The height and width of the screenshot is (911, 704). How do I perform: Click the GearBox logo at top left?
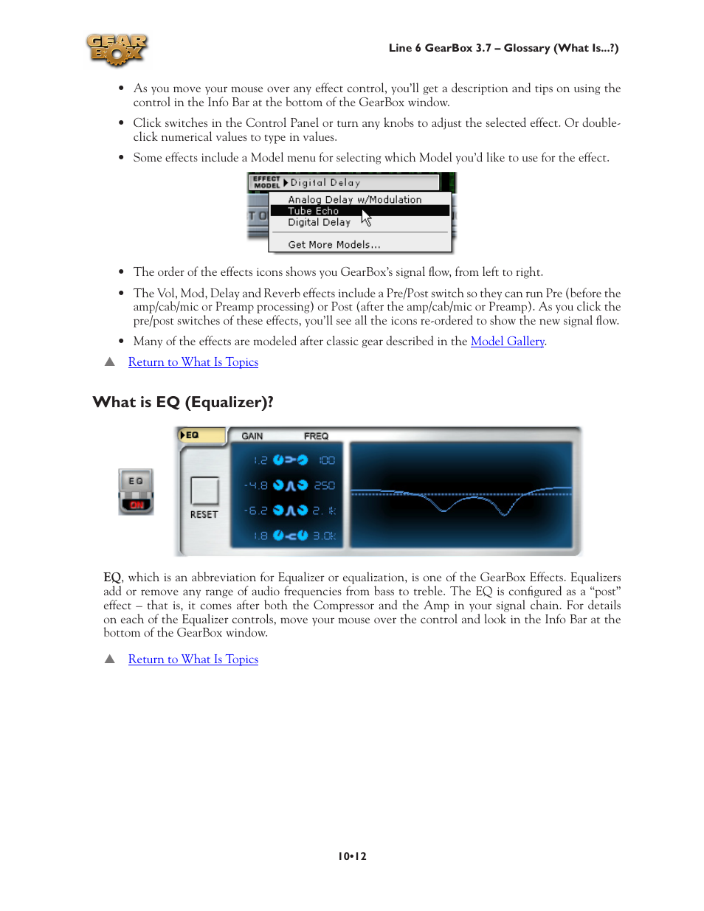[x=117, y=50]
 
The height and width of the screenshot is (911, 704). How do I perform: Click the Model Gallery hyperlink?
[x=507, y=342]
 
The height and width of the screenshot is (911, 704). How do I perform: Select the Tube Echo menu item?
[x=313, y=211]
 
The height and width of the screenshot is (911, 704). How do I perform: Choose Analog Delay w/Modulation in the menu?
[x=354, y=200]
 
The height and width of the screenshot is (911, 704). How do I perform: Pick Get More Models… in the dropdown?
[x=334, y=245]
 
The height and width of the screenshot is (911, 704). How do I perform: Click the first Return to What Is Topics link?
[x=193, y=362]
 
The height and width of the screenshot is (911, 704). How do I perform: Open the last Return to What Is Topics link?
[x=193, y=659]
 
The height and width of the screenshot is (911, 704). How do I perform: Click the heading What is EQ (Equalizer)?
[x=183, y=402]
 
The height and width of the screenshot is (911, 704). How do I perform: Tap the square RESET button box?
[x=204, y=491]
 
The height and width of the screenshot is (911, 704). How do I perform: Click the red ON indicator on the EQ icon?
[x=137, y=505]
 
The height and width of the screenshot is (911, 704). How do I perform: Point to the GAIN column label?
[x=252, y=436]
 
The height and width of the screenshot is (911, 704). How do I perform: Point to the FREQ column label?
[x=316, y=436]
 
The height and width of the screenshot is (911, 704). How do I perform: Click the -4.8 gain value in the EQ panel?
[x=256, y=485]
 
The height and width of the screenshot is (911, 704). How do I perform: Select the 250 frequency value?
[x=325, y=485]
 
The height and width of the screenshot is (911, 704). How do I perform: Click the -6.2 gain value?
[x=256, y=510]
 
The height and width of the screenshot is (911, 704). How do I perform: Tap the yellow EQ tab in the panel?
[x=201, y=435]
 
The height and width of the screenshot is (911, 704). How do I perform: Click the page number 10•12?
[x=352, y=856]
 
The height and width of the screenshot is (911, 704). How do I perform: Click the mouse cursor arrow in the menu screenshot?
[x=366, y=218]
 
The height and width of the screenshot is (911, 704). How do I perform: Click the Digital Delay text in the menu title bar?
[x=325, y=182]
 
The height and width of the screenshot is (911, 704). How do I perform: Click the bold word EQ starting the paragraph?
[x=112, y=578]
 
